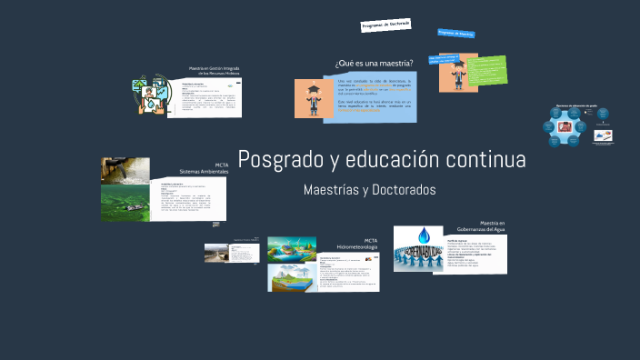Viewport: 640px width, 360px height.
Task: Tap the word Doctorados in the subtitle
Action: pyautogui.click(x=401, y=190)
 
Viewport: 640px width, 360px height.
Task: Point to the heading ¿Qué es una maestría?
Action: pyautogui.click(x=374, y=63)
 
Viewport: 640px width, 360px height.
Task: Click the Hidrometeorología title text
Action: pyautogui.click(x=357, y=246)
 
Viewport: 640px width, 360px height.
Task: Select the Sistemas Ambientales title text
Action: pyautogui.click(x=204, y=171)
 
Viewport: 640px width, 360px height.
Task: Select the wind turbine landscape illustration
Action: pyautogui.click(x=292, y=248)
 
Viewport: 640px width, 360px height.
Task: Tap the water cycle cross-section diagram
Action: pyautogui.click(x=292, y=277)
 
